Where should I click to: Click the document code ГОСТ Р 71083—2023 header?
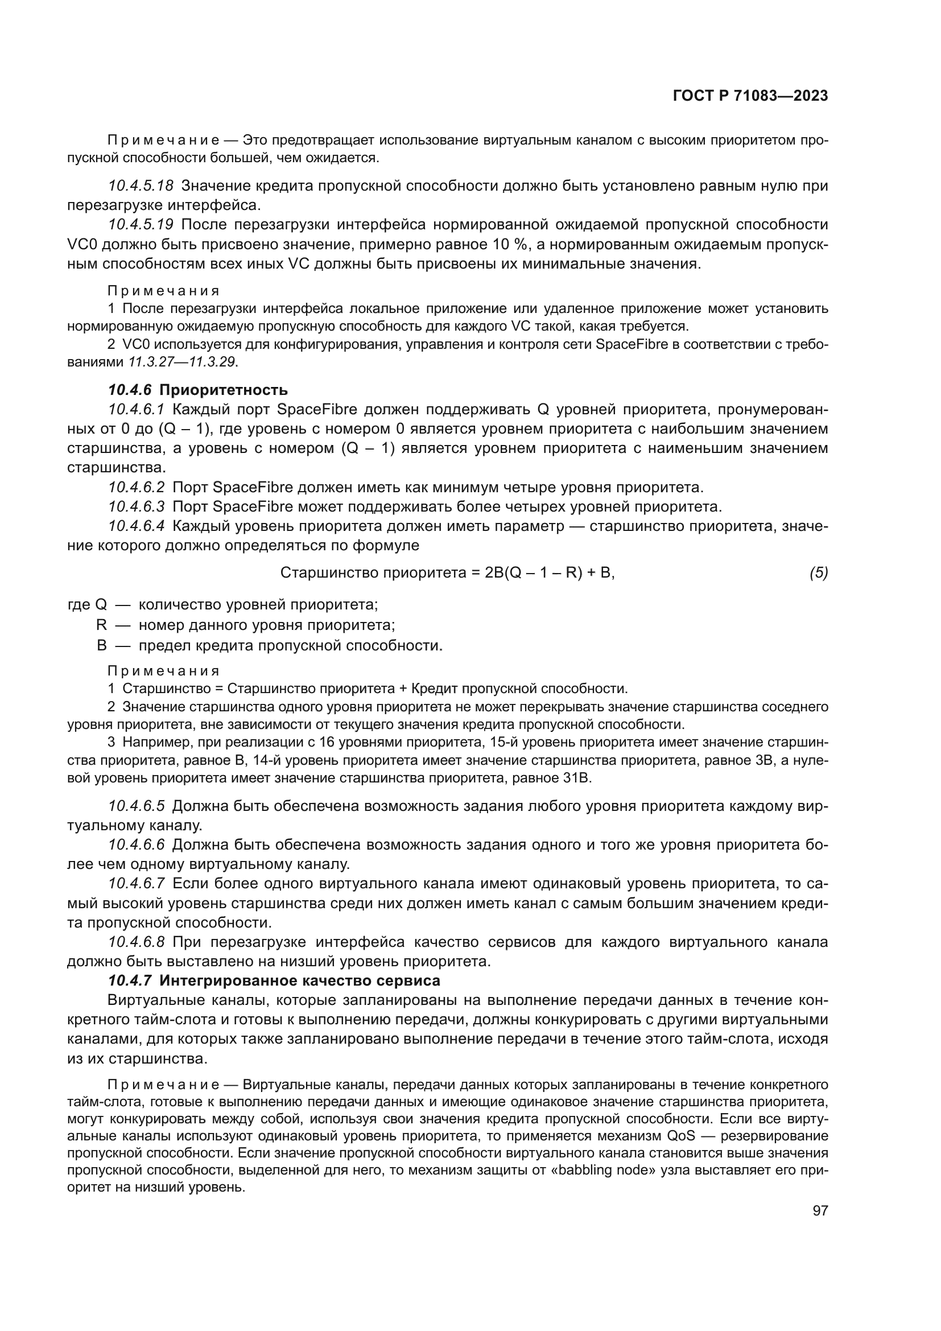click(x=750, y=96)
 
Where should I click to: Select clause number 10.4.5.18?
click(x=141, y=186)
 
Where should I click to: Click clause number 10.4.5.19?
click(x=141, y=224)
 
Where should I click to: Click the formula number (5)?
click(x=818, y=573)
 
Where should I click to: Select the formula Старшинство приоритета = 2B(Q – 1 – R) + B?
click(x=447, y=573)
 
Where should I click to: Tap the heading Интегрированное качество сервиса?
click(x=300, y=981)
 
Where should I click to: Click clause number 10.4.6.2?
click(x=137, y=487)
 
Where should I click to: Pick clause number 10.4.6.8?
click(x=137, y=942)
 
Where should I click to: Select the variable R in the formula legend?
click(x=101, y=625)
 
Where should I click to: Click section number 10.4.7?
click(x=130, y=981)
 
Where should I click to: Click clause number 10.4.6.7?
click(x=137, y=884)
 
